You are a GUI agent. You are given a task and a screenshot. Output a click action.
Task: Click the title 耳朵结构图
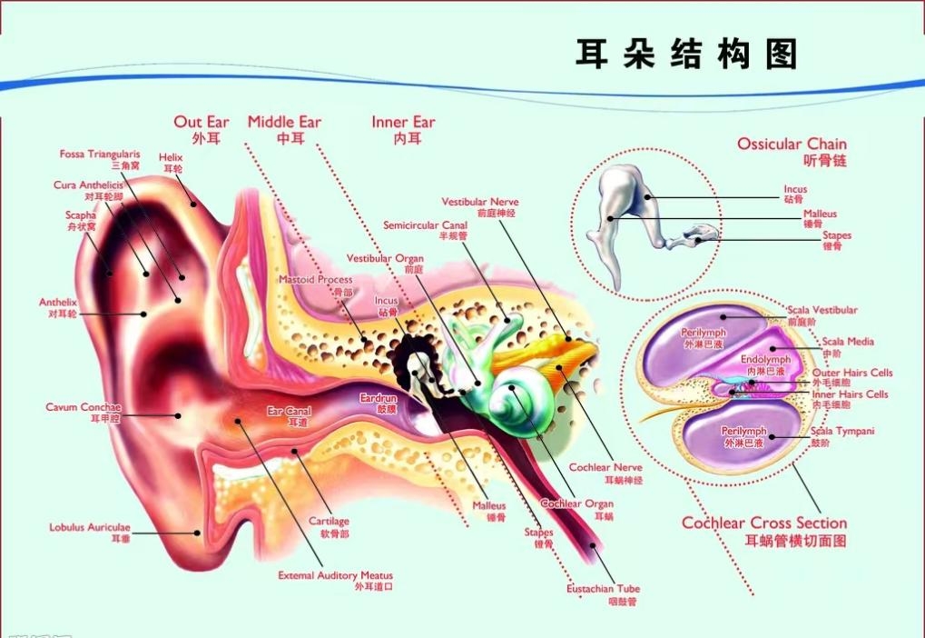685,55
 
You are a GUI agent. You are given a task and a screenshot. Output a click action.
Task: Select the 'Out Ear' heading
202,122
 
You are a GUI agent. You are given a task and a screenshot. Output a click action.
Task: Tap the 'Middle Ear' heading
284,122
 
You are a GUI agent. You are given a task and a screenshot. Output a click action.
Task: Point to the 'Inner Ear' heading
403,122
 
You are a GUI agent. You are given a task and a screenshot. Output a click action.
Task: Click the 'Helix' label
171,157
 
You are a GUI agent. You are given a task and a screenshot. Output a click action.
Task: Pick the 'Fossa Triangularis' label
100,155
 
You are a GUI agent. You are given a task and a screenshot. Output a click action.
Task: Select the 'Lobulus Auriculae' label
90,527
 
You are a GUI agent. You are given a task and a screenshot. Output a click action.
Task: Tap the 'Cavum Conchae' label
84,407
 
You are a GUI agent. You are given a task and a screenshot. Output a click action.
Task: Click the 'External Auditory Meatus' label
336,575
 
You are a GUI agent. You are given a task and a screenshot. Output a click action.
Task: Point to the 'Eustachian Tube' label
604,589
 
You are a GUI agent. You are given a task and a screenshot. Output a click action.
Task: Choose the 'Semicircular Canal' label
424,224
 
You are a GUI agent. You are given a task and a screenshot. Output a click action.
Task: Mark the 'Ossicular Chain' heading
792,144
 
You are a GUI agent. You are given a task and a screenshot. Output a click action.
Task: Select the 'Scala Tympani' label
842,431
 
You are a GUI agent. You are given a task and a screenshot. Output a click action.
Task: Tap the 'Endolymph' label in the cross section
766,360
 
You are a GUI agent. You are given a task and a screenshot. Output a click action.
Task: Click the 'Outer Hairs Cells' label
852,373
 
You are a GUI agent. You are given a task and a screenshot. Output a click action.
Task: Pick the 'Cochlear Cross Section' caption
764,523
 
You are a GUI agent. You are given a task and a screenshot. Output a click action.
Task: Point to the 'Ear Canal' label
289,412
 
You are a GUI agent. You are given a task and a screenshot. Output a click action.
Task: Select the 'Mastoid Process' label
316,280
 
